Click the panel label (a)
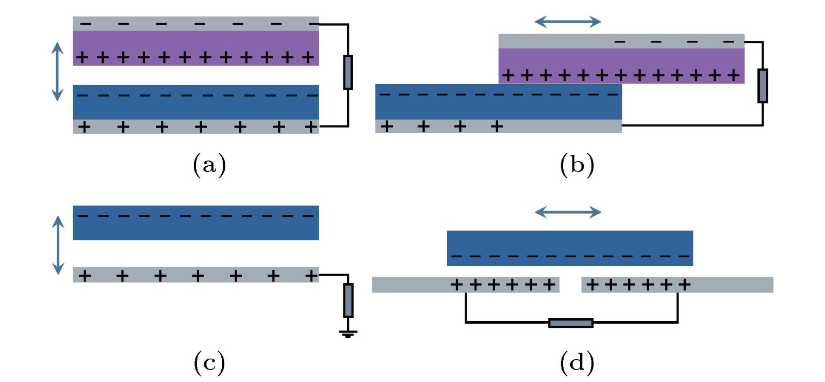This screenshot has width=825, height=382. pyautogui.click(x=209, y=165)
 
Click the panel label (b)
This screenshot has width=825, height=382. pyautogui.click(x=577, y=165)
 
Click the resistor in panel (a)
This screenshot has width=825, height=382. pyautogui.click(x=348, y=72)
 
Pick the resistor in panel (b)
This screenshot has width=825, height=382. pyautogui.click(x=763, y=86)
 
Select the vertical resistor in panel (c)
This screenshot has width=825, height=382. pyautogui.click(x=348, y=300)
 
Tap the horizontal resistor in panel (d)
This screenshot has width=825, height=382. pyautogui.click(x=571, y=323)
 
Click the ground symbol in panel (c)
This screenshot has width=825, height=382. pyautogui.click(x=348, y=334)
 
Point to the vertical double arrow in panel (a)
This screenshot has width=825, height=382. pyautogui.click(x=57, y=71)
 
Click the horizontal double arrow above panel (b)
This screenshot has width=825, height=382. pyautogui.click(x=568, y=22)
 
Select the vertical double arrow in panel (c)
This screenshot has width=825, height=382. pyautogui.click(x=58, y=245)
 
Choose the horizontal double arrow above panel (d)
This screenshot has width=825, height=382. pyautogui.click(x=568, y=212)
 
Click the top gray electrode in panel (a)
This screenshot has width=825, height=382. pyautogui.click(x=196, y=24)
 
